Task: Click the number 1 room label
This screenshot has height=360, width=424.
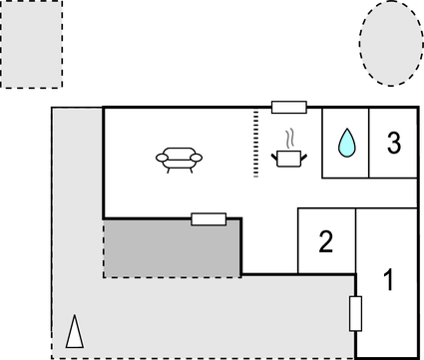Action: point(389,280)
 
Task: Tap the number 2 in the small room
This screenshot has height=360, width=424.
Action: point(325,241)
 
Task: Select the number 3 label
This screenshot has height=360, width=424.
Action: point(394,143)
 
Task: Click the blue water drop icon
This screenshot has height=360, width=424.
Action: point(345,144)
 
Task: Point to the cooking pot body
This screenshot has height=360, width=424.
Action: point(289,158)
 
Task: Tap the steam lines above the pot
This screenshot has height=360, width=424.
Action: point(290,138)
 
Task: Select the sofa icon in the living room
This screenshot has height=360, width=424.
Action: point(180,157)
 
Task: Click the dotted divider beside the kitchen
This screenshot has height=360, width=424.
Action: point(256,143)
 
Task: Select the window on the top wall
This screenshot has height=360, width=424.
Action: point(288,107)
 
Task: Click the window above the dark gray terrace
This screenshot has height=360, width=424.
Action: point(209,218)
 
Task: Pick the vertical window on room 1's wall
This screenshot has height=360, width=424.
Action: point(354,313)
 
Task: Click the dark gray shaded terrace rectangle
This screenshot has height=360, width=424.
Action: point(173,248)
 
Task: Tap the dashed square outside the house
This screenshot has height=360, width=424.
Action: point(31,44)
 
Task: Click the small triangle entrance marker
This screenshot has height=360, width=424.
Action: point(73,332)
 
